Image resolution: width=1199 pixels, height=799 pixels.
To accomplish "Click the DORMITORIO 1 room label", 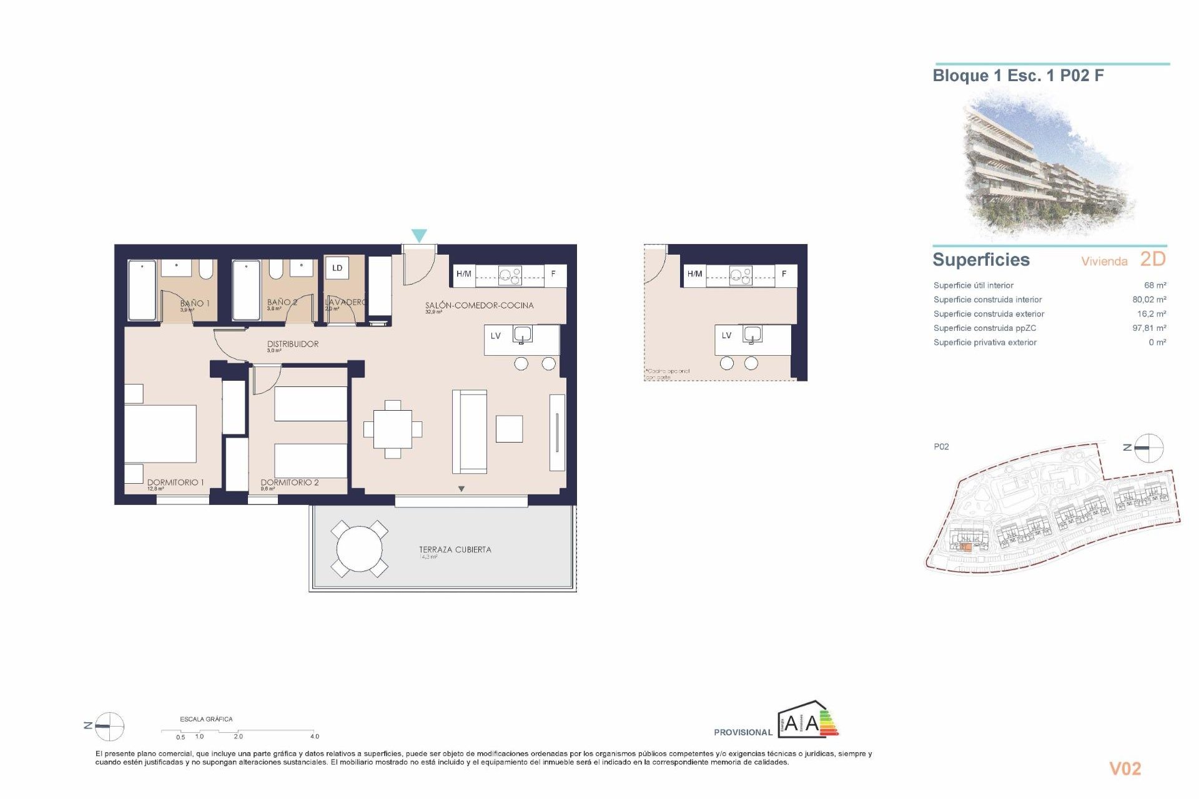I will click(175, 482).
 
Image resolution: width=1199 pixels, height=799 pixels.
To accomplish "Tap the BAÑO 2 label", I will click(282, 302).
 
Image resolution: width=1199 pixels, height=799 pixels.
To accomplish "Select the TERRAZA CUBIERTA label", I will click(455, 549).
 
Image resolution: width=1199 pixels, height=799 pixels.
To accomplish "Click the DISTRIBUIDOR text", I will click(292, 344).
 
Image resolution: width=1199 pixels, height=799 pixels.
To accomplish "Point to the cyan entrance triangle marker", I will click(419, 235).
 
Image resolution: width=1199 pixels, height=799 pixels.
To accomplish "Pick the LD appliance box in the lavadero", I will click(337, 268).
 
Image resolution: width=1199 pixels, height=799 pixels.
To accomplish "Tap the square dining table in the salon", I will click(392, 429).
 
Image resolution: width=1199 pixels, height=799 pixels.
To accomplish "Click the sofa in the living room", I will click(469, 431).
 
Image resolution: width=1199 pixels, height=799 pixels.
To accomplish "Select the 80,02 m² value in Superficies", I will click(1148, 300).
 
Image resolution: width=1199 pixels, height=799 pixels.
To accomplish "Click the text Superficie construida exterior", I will click(988, 314).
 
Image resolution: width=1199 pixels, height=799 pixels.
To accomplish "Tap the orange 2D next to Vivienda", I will click(1152, 259).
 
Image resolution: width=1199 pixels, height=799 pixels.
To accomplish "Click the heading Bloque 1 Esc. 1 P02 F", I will click(1017, 76).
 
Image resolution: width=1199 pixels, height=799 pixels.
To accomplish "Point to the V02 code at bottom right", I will click(1124, 768).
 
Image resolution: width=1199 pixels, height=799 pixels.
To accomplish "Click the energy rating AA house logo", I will click(807, 720).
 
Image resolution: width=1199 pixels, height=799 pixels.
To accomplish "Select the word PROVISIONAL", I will click(743, 732).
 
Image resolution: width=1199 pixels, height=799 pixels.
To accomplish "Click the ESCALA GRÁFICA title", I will click(206, 719).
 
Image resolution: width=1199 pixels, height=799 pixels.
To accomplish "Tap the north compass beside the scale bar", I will click(109, 726).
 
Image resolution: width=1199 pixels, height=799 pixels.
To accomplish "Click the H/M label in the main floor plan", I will click(463, 274).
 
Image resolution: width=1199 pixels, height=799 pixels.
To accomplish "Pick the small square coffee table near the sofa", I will click(509, 429).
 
